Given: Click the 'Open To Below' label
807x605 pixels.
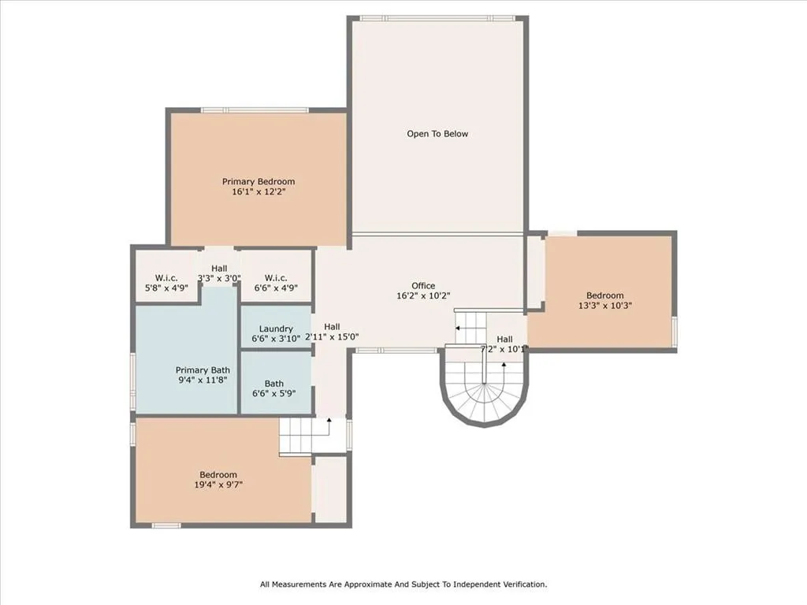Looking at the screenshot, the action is tap(437, 134).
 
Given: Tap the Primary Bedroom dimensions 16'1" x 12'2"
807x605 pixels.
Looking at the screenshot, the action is tap(258, 191).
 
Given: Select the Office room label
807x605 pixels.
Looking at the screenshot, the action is tap(423, 286).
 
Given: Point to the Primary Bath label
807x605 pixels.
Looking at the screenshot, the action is tap(203, 370).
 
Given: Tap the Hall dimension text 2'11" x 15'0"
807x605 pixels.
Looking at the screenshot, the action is tap(332, 336).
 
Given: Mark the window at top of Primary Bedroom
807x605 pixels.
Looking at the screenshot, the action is tap(255, 110).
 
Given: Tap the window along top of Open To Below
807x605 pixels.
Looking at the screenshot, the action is tap(437, 18).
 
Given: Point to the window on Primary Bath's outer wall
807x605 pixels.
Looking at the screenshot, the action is tap(132, 381).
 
